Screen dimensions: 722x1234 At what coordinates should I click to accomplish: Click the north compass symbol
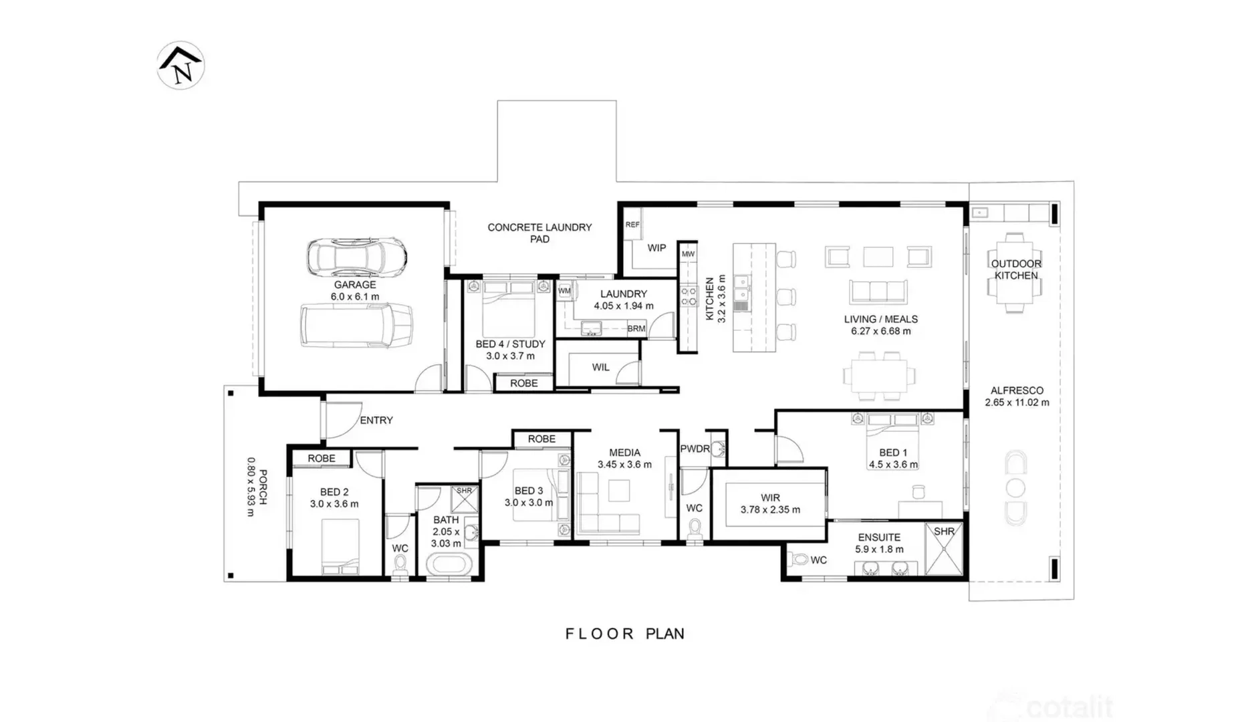(180, 66)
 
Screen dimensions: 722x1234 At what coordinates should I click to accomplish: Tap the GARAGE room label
(355, 285)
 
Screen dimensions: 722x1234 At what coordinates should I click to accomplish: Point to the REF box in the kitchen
(632, 225)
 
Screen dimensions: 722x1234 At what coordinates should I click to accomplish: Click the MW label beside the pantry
(688, 254)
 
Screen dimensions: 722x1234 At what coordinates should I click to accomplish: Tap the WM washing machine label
(564, 291)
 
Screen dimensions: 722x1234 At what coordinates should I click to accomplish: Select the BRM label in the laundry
(636, 329)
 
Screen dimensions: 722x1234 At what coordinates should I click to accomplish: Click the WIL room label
(600, 367)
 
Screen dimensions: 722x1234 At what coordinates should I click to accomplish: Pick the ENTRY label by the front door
(376, 420)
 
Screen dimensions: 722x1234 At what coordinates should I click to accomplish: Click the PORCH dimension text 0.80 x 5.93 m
(251, 487)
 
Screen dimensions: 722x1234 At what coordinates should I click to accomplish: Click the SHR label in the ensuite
(944, 531)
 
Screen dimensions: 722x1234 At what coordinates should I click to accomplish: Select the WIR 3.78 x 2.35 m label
(770, 503)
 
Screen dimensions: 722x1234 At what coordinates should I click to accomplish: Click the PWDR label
(695, 449)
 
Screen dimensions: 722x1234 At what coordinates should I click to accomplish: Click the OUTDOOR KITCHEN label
(1016, 269)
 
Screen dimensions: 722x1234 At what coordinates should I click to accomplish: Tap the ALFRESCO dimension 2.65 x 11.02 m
(1017, 402)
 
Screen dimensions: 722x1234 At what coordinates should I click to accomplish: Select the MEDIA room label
(624, 453)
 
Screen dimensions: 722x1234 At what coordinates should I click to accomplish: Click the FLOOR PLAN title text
(625, 634)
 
